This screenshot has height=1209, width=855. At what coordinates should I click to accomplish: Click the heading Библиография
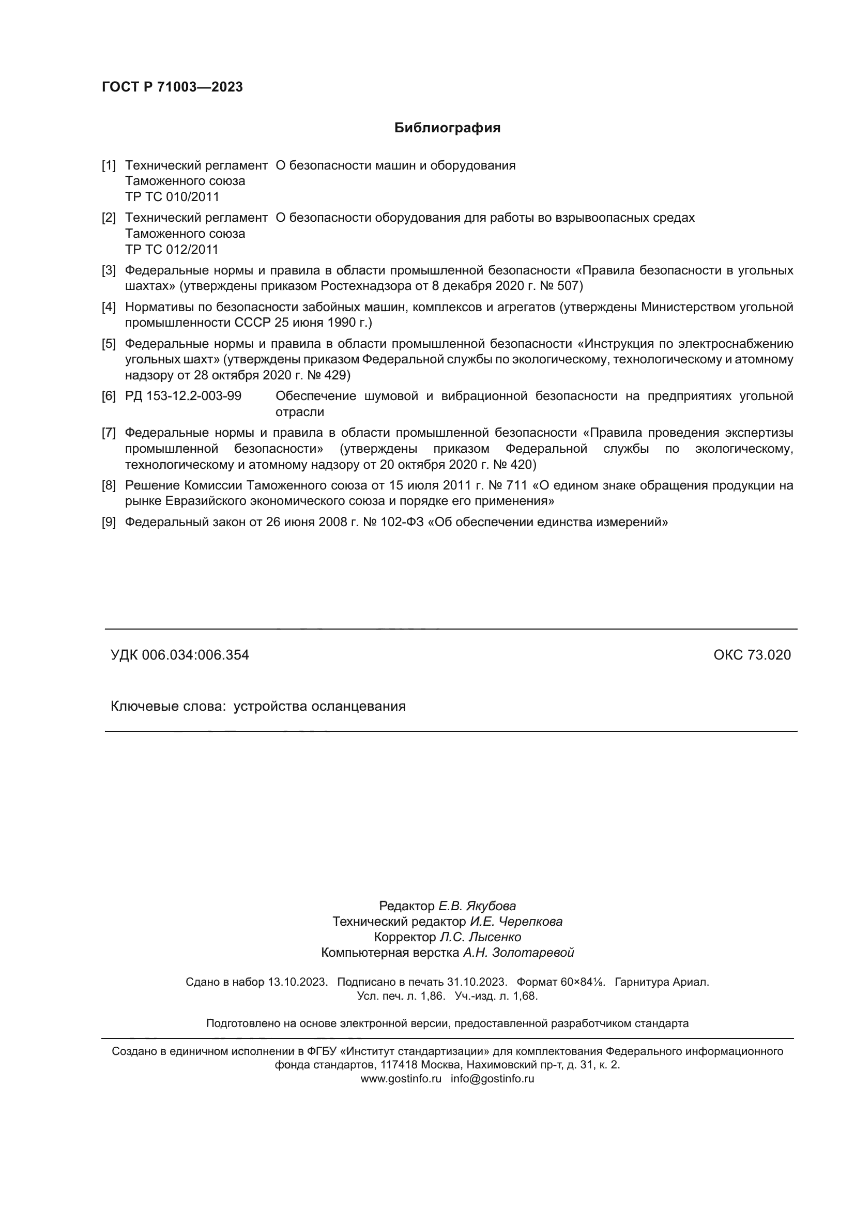click(447, 128)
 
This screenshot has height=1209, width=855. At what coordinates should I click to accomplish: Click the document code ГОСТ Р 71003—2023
click(172, 87)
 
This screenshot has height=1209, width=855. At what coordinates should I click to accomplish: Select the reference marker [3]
click(109, 271)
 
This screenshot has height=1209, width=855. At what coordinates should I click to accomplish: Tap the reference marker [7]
click(109, 433)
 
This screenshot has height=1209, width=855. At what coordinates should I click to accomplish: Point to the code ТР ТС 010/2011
click(172, 197)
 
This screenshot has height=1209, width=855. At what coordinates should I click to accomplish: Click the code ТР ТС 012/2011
click(172, 250)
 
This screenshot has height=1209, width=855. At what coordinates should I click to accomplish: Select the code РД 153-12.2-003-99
click(183, 396)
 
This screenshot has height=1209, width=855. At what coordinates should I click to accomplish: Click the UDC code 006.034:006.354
click(195, 655)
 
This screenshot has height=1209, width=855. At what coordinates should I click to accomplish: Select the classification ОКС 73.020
click(752, 655)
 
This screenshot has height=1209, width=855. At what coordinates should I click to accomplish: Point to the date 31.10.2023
click(477, 982)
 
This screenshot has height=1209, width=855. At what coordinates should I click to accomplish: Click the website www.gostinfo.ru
click(401, 1078)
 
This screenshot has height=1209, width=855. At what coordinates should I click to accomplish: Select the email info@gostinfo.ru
click(492, 1078)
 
